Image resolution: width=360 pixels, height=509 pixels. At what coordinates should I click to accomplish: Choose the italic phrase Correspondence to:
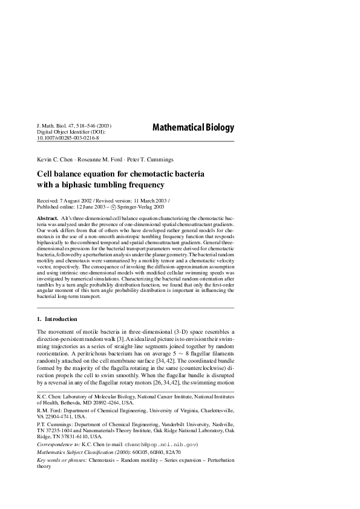(59, 444)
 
